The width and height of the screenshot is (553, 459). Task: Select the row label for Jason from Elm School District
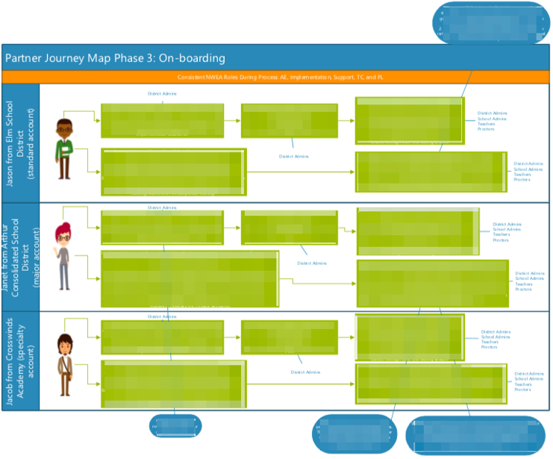point(20,143)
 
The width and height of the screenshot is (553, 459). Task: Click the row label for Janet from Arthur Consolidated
point(20,256)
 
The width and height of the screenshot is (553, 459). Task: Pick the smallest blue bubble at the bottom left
point(175,426)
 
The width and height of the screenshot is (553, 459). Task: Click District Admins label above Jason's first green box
point(162,94)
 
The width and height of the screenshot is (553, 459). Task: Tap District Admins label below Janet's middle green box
point(312,263)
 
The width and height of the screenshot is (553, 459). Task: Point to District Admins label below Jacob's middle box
point(304,372)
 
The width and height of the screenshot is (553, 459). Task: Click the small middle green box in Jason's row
point(289,120)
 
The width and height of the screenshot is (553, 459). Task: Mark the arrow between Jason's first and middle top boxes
point(232,120)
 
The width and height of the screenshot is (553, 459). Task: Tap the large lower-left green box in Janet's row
point(190,278)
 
